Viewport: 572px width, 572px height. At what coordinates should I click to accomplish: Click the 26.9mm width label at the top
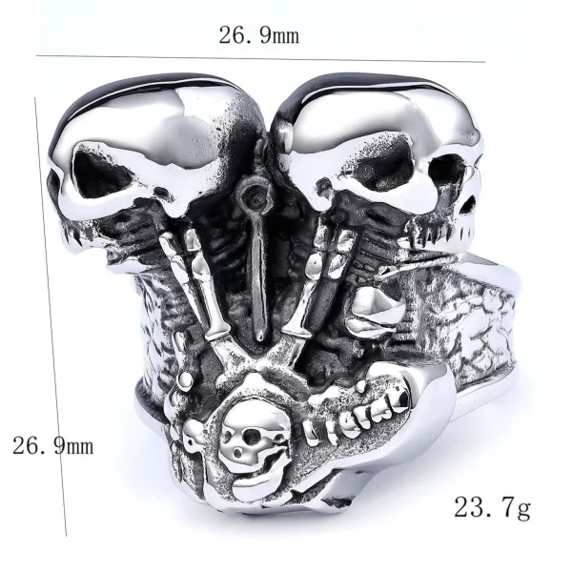pyautogui.click(x=259, y=36)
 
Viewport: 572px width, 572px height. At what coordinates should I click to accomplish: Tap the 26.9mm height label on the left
pyautogui.click(x=52, y=444)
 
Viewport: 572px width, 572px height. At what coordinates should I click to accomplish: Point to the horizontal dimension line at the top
pyautogui.click(x=259, y=60)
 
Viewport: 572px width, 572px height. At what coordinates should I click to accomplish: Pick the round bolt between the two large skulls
pyautogui.click(x=254, y=199)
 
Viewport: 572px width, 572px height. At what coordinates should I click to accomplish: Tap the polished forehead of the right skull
pyautogui.click(x=381, y=114)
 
